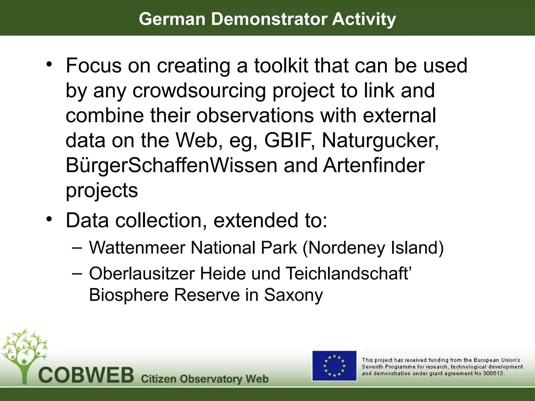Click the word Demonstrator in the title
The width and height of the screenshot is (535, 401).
click(269, 19)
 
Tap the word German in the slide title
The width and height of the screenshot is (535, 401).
click(172, 19)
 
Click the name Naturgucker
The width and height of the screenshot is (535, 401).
click(380, 140)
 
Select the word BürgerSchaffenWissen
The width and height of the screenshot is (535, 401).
click(171, 166)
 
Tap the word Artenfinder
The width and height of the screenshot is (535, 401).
click(374, 166)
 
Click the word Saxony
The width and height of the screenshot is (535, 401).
click(293, 295)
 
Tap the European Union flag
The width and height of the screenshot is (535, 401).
click(334, 366)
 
